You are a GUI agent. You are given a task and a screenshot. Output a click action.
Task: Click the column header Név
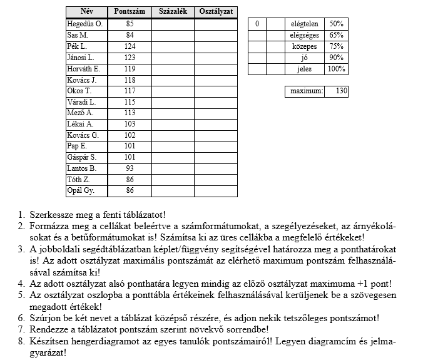click(x=86, y=12)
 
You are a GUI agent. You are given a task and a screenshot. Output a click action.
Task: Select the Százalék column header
click(x=173, y=12)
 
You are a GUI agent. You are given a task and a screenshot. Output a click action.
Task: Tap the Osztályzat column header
click(x=216, y=12)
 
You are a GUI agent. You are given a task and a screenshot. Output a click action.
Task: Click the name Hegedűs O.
click(x=84, y=24)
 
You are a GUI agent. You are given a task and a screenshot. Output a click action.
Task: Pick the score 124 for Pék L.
click(x=130, y=46)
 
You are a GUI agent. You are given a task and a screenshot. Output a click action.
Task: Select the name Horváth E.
click(x=83, y=69)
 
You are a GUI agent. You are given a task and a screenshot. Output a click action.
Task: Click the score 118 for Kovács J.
click(x=130, y=80)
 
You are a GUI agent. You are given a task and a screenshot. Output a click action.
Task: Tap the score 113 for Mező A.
click(x=130, y=113)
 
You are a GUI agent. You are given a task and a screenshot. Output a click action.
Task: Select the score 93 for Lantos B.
click(x=130, y=169)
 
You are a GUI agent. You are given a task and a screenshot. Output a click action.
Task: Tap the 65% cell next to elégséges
click(x=336, y=35)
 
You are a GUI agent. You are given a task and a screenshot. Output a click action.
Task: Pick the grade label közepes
click(x=305, y=46)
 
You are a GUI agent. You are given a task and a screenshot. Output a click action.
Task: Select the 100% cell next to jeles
click(x=336, y=69)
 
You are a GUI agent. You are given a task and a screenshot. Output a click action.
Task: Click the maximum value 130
click(x=341, y=91)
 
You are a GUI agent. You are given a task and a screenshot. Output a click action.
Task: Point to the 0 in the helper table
click(x=257, y=24)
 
